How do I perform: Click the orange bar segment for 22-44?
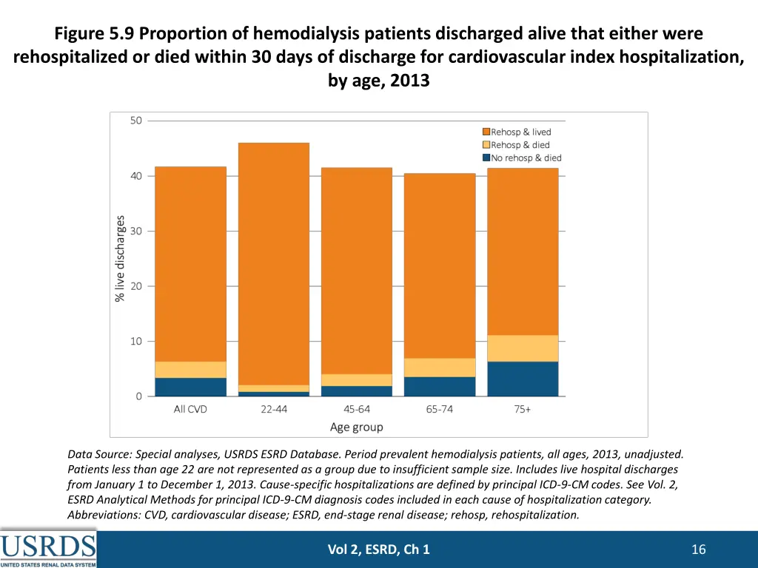pyautogui.click(x=273, y=263)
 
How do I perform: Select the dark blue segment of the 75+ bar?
pyautogui.click(x=523, y=379)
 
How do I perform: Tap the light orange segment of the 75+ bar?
pyautogui.click(x=523, y=348)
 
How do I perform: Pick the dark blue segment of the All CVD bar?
pyautogui.click(x=190, y=387)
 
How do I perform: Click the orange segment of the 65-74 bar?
pyautogui.click(x=440, y=266)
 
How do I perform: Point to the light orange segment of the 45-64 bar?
pyautogui.click(x=356, y=380)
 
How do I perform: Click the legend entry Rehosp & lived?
pyautogui.click(x=520, y=132)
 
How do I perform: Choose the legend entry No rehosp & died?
pyautogui.click(x=526, y=158)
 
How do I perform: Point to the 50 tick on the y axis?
pyautogui.click(x=136, y=121)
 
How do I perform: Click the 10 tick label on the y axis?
pyautogui.click(x=136, y=341)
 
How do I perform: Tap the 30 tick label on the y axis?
pyautogui.click(x=136, y=231)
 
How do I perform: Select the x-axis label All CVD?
pyautogui.click(x=190, y=409)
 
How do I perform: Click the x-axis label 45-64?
pyautogui.click(x=356, y=409)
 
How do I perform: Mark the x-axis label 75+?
pyautogui.click(x=523, y=409)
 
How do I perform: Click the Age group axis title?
pyautogui.click(x=356, y=427)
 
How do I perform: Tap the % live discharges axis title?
pyautogui.click(x=120, y=258)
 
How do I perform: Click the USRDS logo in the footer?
pyautogui.click(x=48, y=549)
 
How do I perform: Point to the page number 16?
pyautogui.click(x=698, y=549)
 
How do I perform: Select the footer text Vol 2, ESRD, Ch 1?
pyautogui.click(x=378, y=549)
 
